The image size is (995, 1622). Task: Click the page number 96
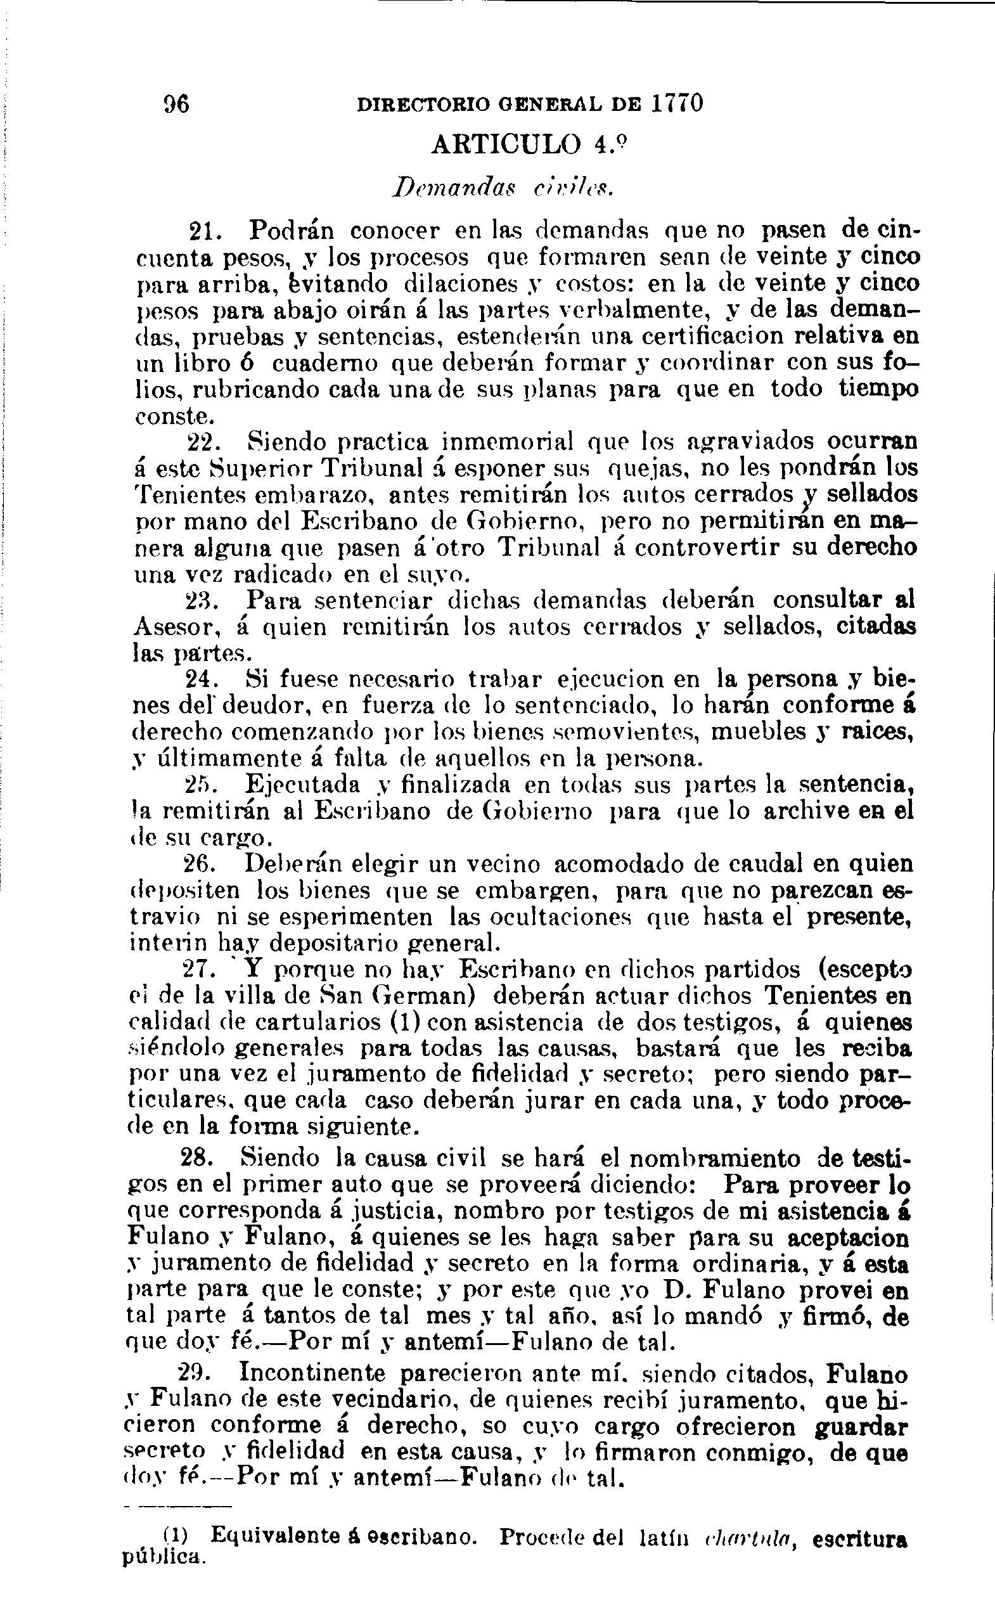click(176, 103)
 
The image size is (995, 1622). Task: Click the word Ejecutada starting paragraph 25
click(304, 785)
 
